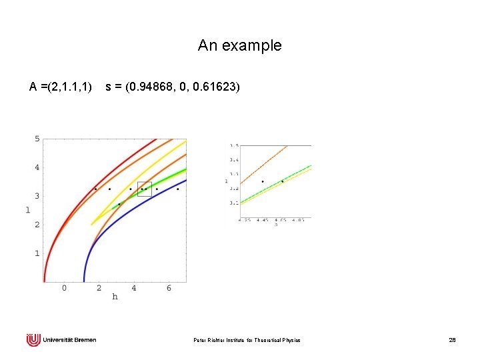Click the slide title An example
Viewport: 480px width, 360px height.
pyautogui.click(x=239, y=46)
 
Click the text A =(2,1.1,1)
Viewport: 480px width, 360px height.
pyautogui.click(x=61, y=87)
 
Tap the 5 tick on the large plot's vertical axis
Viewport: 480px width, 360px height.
pyautogui.click(x=37, y=139)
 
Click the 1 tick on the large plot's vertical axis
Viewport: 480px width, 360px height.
pyautogui.click(x=37, y=253)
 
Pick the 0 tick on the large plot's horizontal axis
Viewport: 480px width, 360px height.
pyautogui.click(x=64, y=288)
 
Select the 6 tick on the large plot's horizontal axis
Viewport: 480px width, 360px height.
pyautogui.click(x=169, y=288)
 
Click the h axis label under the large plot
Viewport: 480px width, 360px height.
pyautogui.click(x=115, y=297)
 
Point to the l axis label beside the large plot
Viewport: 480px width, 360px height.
pyautogui.click(x=28, y=210)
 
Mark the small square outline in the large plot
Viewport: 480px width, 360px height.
pyautogui.click(x=145, y=189)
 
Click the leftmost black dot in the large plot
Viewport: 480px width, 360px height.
pyautogui.click(x=95, y=189)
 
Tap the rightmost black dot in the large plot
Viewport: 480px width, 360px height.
pyautogui.click(x=177, y=189)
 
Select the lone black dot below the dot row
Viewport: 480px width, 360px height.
pyautogui.click(x=119, y=204)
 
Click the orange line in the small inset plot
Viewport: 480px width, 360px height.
pyautogui.click(x=263, y=163)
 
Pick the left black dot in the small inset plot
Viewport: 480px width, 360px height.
pyautogui.click(x=263, y=181)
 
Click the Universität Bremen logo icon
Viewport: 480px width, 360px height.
pyautogui.click(x=33, y=340)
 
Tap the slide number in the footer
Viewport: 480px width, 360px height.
pyautogui.click(x=452, y=341)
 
